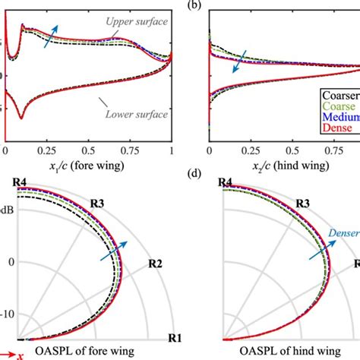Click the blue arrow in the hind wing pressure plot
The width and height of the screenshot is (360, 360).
[242, 62]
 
